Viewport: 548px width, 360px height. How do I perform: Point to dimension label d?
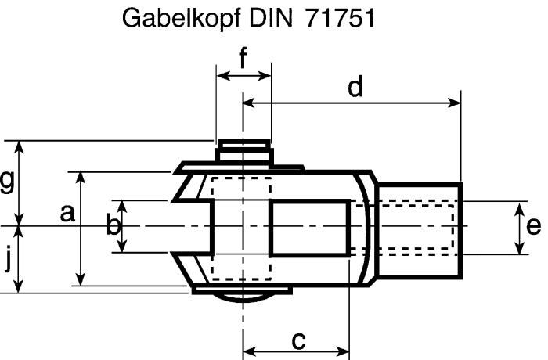[356, 87]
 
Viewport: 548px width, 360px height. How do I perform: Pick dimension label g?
[7, 182]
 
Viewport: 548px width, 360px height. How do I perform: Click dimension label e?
[533, 226]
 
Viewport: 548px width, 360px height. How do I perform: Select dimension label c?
[297, 340]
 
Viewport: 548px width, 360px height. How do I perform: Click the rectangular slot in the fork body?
[309, 227]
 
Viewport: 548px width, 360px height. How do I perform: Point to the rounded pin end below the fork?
[243, 297]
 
